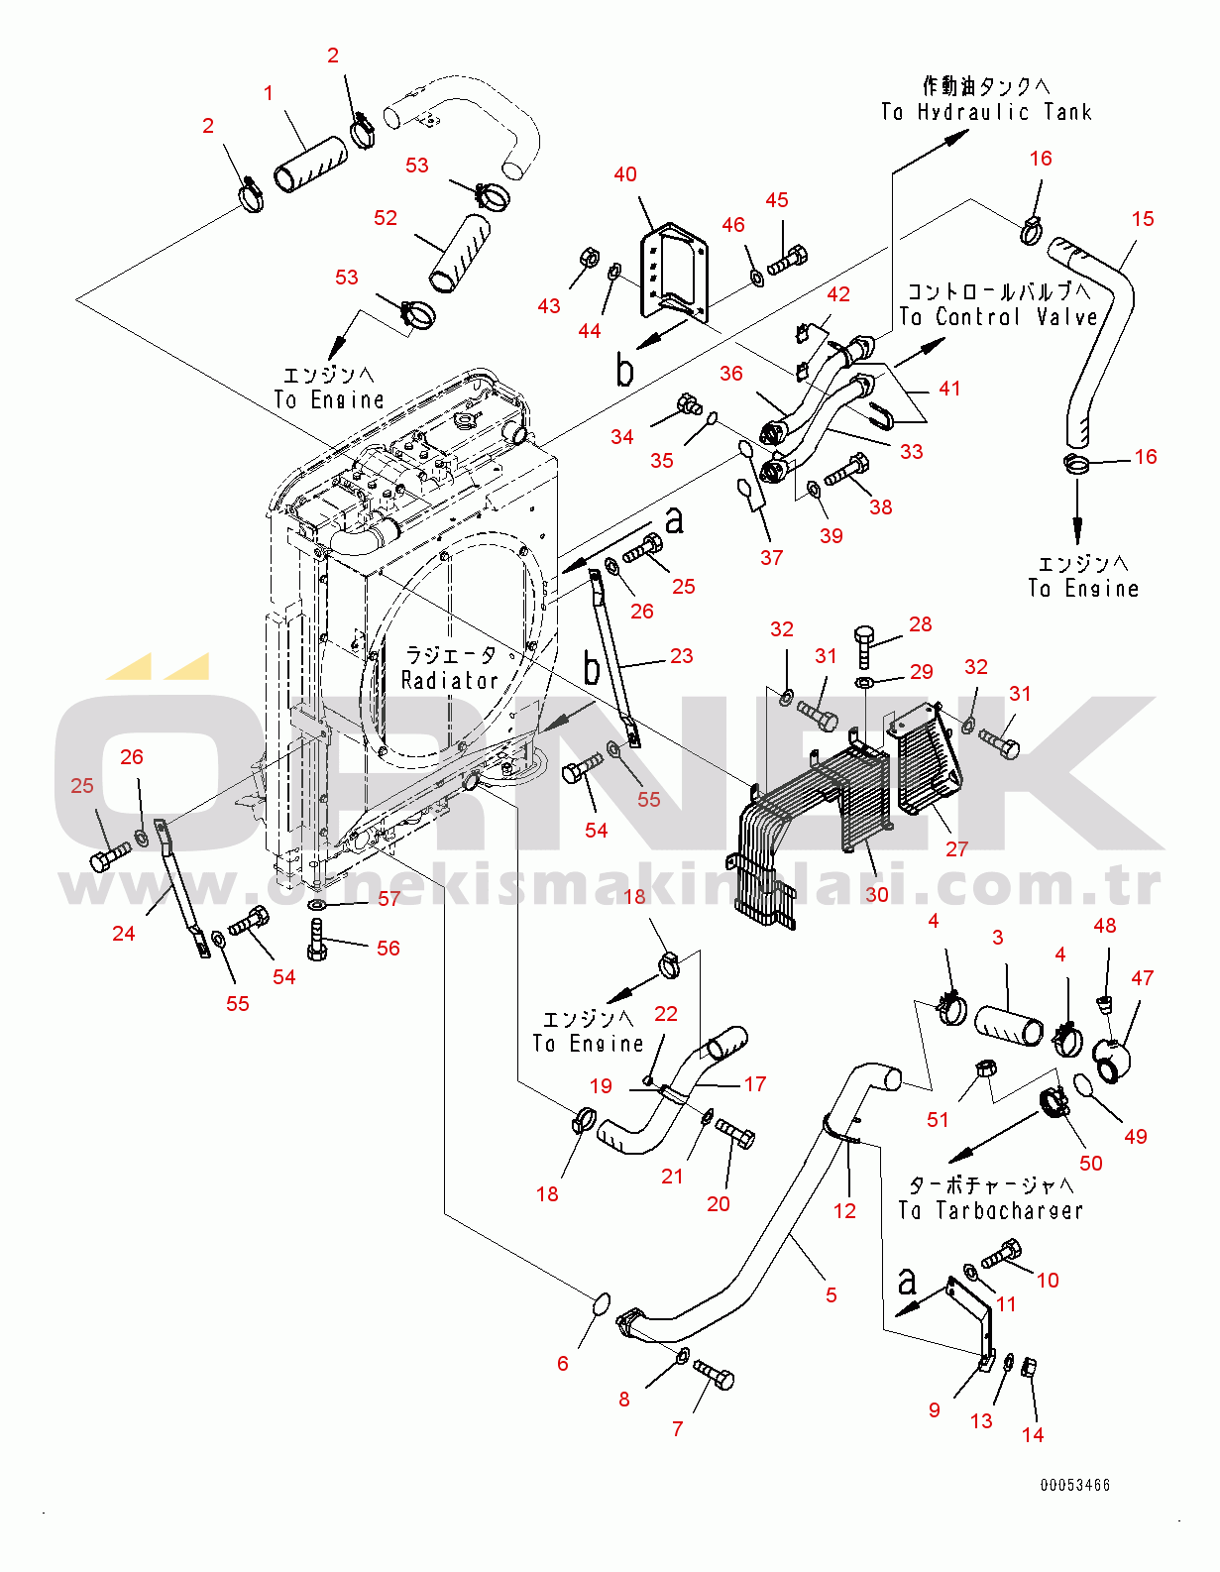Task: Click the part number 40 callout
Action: (625, 174)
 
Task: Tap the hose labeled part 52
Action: (460, 252)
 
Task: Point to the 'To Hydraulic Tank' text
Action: (986, 112)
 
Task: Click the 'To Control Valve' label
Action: (999, 317)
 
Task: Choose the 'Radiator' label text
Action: (449, 680)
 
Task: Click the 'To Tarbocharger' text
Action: (990, 1210)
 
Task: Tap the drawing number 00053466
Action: (1075, 1485)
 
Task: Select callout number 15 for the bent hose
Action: (1143, 219)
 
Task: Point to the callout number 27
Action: (956, 849)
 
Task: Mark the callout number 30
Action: (877, 894)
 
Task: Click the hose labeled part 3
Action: (1009, 1025)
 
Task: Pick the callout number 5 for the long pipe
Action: (832, 1294)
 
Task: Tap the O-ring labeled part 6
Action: (601, 1304)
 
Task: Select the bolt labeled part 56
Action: (317, 940)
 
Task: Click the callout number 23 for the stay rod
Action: (682, 656)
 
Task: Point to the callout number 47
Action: (1143, 978)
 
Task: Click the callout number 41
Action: (950, 389)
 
